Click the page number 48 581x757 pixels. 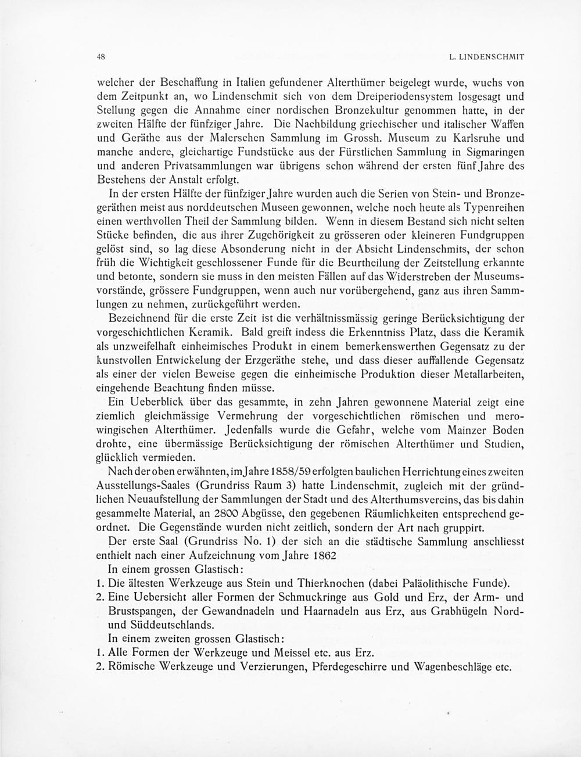101,57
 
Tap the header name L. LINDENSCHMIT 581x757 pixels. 487,58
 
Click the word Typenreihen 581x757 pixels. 490,207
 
